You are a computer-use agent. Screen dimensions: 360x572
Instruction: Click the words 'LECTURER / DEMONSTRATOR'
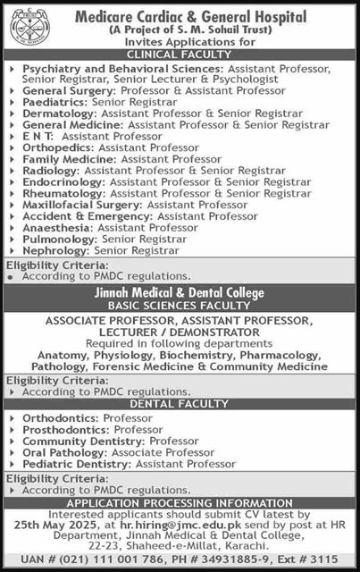click(x=180, y=332)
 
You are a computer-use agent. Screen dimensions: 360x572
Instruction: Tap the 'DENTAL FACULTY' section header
click(x=180, y=404)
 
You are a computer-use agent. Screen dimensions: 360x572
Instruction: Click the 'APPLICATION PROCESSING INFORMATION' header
click(x=180, y=504)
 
